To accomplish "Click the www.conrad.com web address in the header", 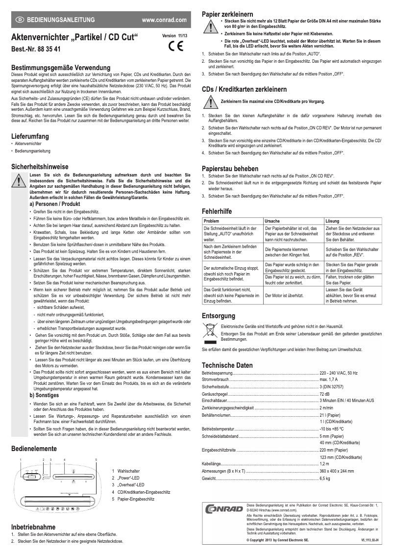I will click(164, 20).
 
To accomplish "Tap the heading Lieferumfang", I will click(30, 135).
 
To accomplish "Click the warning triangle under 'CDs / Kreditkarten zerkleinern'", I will click(210, 101).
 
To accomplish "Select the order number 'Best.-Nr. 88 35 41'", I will click(36, 50).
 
